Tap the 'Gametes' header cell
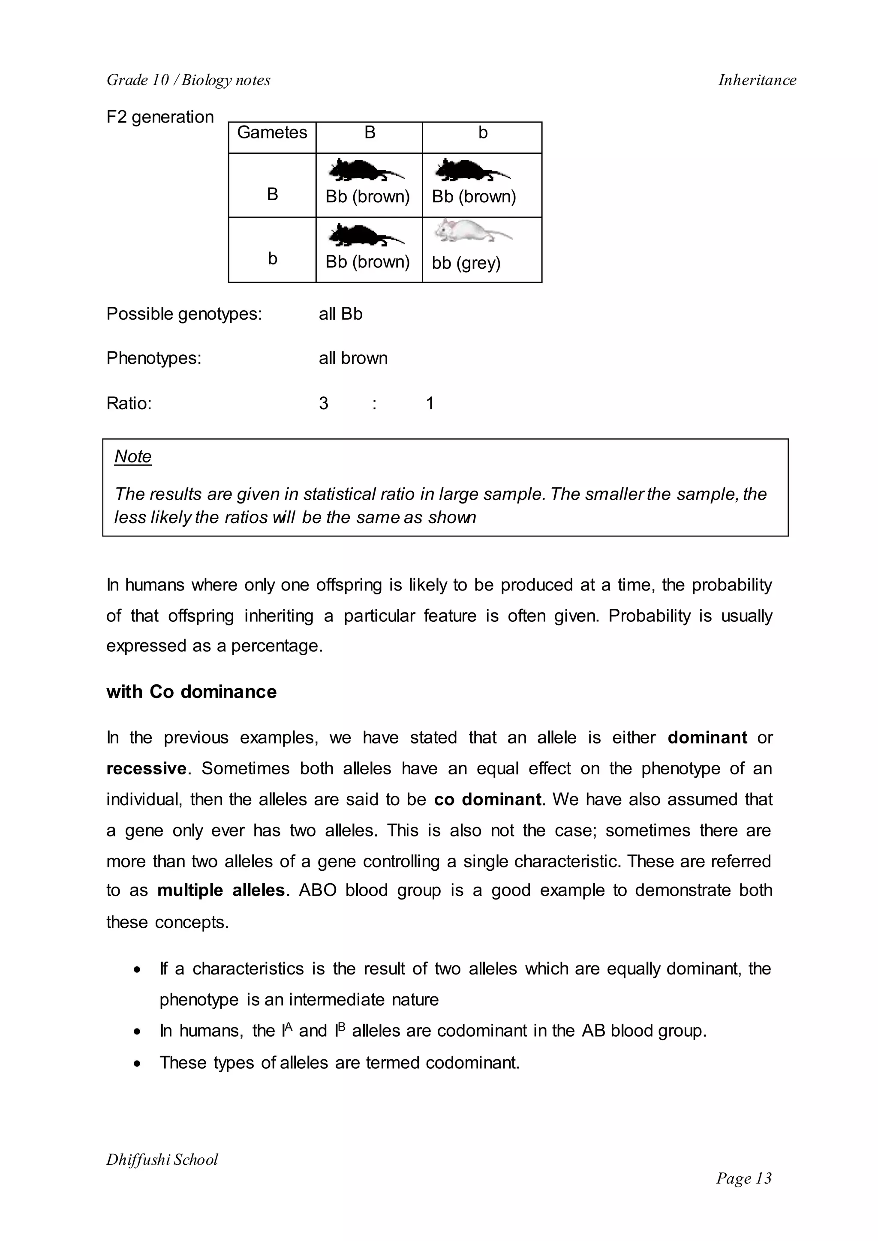point(272,132)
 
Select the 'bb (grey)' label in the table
point(466,263)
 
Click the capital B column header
point(370,132)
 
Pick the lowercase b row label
point(273,258)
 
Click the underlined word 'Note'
point(133,456)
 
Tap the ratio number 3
point(323,403)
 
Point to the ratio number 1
point(430,403)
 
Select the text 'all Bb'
point(340,314)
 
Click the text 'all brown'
point(353,358)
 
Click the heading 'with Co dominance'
point(191,692)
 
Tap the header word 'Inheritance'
point(757,80)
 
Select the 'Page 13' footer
point(744,1178)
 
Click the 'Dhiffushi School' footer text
point(162,1160)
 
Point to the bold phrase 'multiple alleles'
point(221,890)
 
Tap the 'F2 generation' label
point(160,117)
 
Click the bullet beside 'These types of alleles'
point(138,1063)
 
